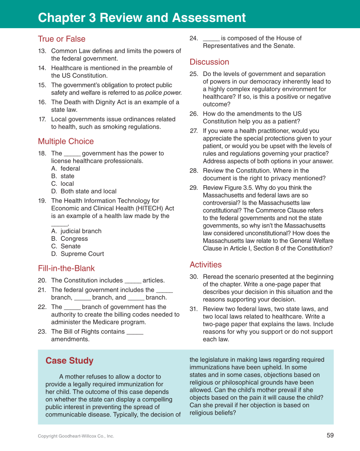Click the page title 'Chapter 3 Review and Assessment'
click(x=142, y=18)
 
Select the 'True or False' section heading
click(x=61, y=39)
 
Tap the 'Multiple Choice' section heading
click(x=66, y=142)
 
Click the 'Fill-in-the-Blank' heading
click(x=66, y=269)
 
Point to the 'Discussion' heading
click(x=209, y=62)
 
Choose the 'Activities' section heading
click(x=206, y=265)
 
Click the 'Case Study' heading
click(x=69, y=361)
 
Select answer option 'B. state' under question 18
click(x=63, y=176)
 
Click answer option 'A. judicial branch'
click(x=76, y=231)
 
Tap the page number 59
click(x=330, y=436)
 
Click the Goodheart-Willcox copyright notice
click(x=76, y=436)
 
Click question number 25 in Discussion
click(x=193, y=74)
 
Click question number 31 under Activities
click(x=193, y=309)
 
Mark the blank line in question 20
click(x=132, y=281)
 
